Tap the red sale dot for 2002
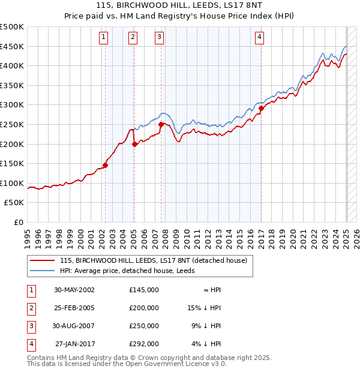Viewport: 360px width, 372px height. [106, 165]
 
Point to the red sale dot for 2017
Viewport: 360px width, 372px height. [262, 109]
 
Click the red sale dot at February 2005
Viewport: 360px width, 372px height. [134, 144]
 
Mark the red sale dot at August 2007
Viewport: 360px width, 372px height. [161, 124]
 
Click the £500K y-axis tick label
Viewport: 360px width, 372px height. [12, 27]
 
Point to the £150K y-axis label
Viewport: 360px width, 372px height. [12, 163]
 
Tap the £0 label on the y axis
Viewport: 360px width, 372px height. [18, 222]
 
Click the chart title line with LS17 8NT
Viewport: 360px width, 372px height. [180, 7]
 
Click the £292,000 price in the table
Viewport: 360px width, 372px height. [144, 344]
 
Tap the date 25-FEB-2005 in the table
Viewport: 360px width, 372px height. [74, 308]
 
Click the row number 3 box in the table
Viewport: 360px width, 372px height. [30, 326]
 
